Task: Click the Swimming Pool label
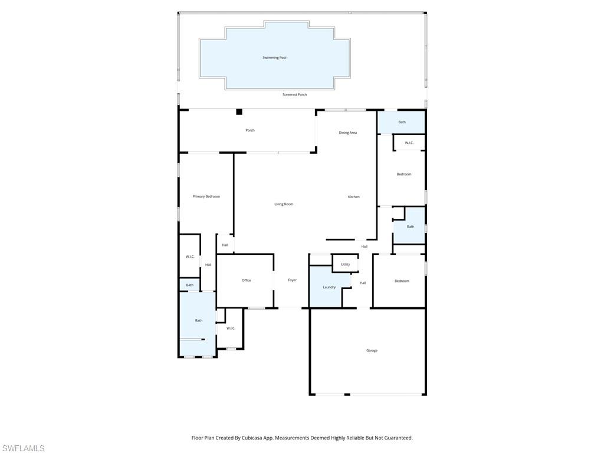pyautogui.click(x=274, y=58)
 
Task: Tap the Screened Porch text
pyautogui.click(x=294, y=94)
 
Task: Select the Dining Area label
pyautogui.click(x=347, y=133)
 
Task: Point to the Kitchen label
pyautogui.click(x=353, y=197)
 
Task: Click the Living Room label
pyautogui.click(x=284, y=204)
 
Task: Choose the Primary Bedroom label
pyautogui.click(x=206, y=196)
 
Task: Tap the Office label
pyautogui.click(x=246, y=280)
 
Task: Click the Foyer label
pyautogui.click(x=292, y=280)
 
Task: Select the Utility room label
pyautogui.click(x=345, y=264)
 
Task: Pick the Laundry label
pyautogui.click(x=329, y=287)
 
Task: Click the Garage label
pyautogui.click(x=372, y=350)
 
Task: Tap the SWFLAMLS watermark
pyautogui.click(x=23, y=448)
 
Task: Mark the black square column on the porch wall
pyautogui.click(x=239, y=111)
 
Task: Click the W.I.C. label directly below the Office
pyautogui.click(x=231, y=328)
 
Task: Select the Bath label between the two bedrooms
pyautogui.click(x=410, y=226)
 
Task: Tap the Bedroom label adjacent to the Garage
pyautogui.click(x=402, y=281)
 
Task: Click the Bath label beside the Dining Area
pyautogui.click(x=402, y=122)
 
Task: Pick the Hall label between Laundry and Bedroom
pyautogui.click(x=363, y=283)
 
